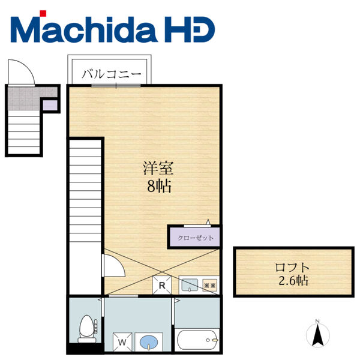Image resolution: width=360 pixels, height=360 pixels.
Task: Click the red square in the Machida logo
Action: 43,13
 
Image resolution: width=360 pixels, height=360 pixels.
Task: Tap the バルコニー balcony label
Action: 112,74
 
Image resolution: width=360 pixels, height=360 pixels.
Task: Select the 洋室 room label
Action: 158,169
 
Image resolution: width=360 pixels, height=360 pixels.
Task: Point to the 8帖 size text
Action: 160,186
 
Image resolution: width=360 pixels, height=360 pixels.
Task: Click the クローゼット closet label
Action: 196,238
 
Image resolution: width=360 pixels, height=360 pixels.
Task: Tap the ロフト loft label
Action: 292,268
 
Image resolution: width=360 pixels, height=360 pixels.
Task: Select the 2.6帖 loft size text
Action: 293,280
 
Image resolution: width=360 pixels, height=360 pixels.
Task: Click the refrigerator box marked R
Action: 162,285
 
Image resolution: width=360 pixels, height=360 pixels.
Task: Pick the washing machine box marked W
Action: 122,343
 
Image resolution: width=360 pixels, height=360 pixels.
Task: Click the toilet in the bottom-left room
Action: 87,329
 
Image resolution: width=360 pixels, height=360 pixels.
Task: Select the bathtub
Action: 197,340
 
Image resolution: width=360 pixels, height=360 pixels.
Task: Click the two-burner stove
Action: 210,286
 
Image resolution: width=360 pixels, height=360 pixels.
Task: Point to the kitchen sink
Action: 190,285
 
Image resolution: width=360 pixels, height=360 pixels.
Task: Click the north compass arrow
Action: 318,335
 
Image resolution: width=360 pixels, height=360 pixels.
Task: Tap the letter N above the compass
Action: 317,321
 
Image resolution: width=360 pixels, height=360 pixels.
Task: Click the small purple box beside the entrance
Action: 50,106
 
